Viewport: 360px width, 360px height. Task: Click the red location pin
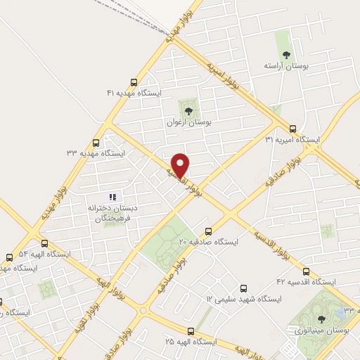tap(181, 165)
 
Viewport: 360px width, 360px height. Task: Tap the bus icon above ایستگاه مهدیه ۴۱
tap(134, 82)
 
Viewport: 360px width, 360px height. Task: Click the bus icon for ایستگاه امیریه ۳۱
tap(292, 128)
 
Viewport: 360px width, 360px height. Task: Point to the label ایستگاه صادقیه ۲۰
tap(208, 241)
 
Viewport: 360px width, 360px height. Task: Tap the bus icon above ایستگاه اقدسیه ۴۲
tap(306, 271)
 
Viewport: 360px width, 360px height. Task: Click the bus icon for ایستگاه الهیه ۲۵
tap(191, 330)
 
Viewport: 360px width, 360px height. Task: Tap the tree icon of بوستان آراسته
tap(285, 54)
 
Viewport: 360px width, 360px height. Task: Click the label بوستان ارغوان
tap(188, 122)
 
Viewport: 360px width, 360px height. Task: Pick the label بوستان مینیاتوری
tap(320, 329)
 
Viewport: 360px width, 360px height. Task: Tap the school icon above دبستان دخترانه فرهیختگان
tap(111, 196)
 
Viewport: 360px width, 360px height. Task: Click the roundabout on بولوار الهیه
tap(143, 310)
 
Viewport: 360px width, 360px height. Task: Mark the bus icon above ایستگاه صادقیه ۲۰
tap(208, 231)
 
